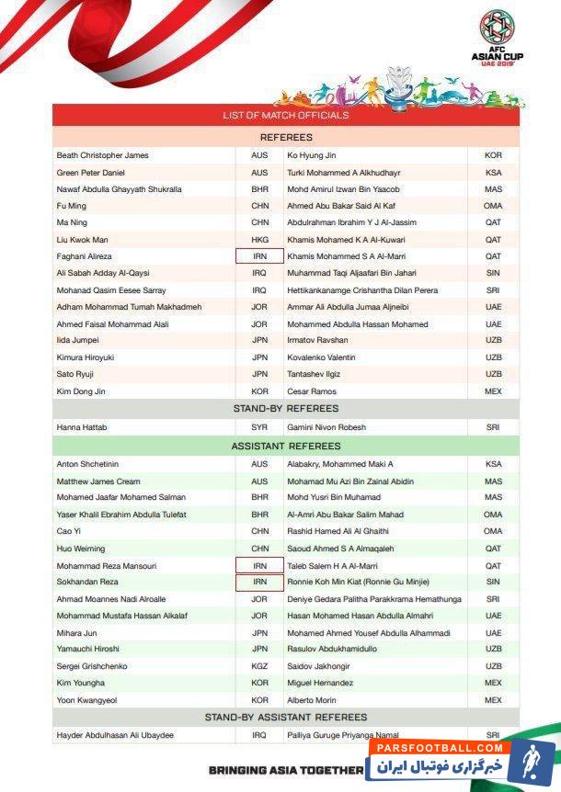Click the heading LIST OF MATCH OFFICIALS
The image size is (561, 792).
click(x=285, y=116)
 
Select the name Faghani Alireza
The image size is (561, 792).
click(x=85, y=256)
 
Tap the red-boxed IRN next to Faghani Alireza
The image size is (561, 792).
click(x=259, y=256)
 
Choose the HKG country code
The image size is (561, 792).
click(x=259, y=240)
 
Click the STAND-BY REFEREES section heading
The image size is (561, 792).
click(x=285, y=408)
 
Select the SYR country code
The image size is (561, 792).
click(x=259, y=428)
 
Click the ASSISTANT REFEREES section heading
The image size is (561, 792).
click(x=285, y=446)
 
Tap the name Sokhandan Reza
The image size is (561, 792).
click(x=87, y=583)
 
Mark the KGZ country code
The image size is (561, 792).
click(x=259, y=666)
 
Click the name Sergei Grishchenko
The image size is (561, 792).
click(x=93, y=666)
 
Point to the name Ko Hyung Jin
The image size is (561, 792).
click(x=312, y=155)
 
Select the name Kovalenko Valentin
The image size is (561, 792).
click(x=322, y=356)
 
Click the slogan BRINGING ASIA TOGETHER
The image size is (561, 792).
click(x=286, y=770)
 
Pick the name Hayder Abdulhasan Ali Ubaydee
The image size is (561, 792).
click(x=116, y=736)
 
